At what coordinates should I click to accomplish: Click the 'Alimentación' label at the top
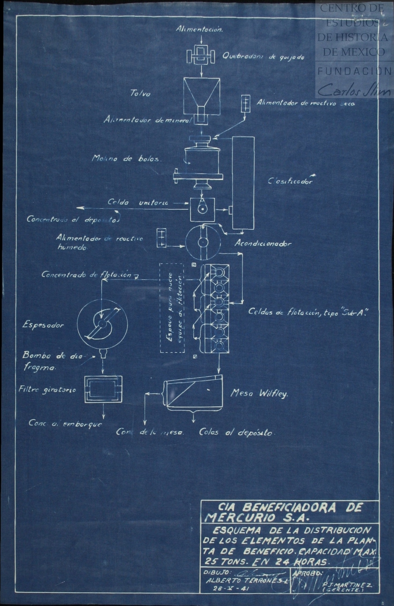pyautogui.click(x=199, y=29)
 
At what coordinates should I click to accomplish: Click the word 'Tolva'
pyautogui.click(x=140, y=93)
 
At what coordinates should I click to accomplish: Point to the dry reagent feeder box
pyautogui.click(x=245, y=103)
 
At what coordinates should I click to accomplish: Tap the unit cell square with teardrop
pyautogui.click(x=202, y=210)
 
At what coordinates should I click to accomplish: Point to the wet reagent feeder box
pyautogui.click(x=161, y=238)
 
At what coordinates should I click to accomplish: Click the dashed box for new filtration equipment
pyautogui.click(x=172, y=308)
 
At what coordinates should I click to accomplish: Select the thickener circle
pyautogui.click(x=102, y=324)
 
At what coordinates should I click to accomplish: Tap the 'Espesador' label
pyautogui.click(x=43, y=326)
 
